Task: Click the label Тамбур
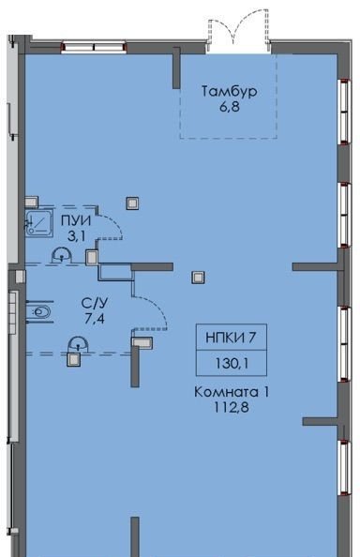click(x=230, y=92)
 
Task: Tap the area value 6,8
click(x=230, y=107)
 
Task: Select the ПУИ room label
click(x=76, y=221)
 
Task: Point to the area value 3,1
click(x=76, y=236)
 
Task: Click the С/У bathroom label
click(x=95, y=304)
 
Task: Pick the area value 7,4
click(x=95, y=319)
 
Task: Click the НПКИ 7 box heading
click(x=231, y=338)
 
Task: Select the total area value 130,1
click(x=232, y=363)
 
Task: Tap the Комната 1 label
click(x=232, y=392)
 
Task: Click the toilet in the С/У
click(x=39, y=312)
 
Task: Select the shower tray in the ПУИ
click(x=39, y=222)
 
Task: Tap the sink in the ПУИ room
click(x=62, y=256)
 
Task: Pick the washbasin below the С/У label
click(x=78, y=345)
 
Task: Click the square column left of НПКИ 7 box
click(x=198, y=278)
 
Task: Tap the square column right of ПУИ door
click(x=132, y=203)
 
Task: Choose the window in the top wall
click(x=94, y=48)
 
